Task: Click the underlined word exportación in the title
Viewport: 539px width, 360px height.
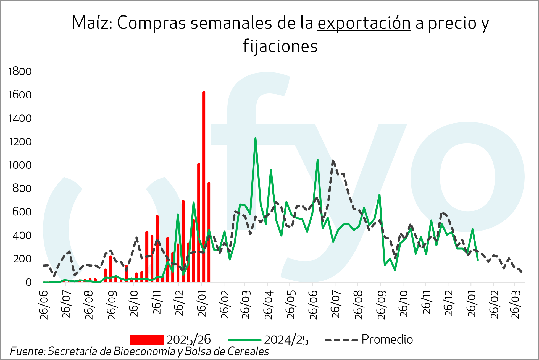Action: [364, 23]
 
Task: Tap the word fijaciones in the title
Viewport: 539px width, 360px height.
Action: [280, 46]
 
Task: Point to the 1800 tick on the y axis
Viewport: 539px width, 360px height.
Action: [20, 71]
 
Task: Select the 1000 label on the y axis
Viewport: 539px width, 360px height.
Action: [20, 165]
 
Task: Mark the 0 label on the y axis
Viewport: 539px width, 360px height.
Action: [28, 282]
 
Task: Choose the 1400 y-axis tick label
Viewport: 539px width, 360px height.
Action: [20, 118]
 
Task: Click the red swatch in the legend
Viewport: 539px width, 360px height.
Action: [147, 340]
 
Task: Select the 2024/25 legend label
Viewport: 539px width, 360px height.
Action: [286, 340]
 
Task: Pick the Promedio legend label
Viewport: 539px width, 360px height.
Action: [387, 339]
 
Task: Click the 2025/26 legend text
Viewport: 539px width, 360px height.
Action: [189, 340]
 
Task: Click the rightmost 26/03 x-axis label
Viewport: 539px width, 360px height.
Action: [516, 304]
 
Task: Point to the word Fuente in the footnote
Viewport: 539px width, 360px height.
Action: [27, 351]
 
